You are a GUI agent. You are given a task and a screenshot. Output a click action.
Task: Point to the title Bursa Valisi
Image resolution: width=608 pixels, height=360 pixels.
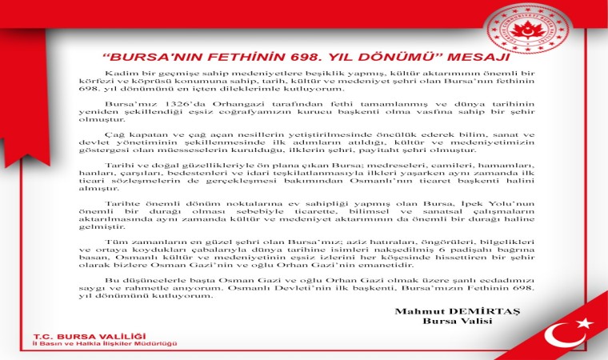coord(450,322)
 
